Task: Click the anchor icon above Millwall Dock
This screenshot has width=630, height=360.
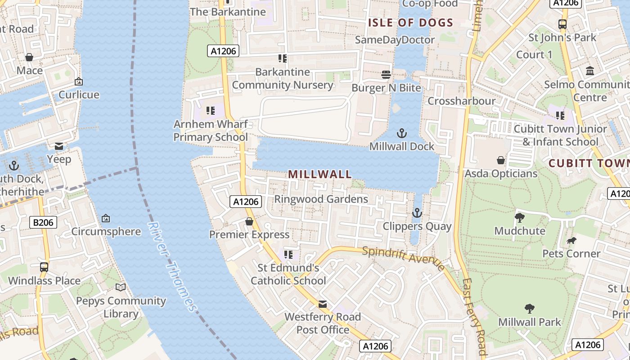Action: (401, 133)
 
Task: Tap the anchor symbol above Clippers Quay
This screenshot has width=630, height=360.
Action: (417, 213)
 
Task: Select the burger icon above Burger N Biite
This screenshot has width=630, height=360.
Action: (386, 74)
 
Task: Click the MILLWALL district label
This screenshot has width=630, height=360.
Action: (319, 174)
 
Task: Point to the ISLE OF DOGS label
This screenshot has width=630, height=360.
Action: (410, 22)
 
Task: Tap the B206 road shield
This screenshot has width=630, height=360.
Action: (44, 222)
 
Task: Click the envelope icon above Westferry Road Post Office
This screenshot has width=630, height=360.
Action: (323, 304)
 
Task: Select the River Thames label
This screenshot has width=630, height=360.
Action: (172, 266)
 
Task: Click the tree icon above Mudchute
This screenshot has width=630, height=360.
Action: (520, 218)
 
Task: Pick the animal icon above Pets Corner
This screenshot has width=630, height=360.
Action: (571, 241)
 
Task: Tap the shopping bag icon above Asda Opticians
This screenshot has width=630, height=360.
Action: (500, 160)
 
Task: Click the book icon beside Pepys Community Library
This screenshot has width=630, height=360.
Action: (121, 288)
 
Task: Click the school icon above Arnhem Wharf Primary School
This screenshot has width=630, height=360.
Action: (210, 110)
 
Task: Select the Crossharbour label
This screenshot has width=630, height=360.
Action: (461, 101)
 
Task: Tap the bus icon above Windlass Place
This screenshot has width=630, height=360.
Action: (44, 267)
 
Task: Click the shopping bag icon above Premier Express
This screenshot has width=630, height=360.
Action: (249, 221)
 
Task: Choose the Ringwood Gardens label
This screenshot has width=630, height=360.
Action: (321, 199)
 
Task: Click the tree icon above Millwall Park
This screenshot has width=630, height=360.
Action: (530, 309)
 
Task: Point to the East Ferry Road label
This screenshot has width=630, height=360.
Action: (475, 317)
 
